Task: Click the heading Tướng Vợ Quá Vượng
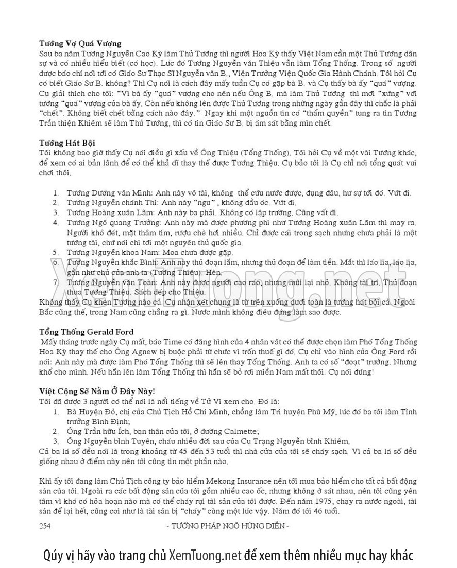coord(80,43)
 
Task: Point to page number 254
coord(45,526)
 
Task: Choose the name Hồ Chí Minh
coord(217,412)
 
